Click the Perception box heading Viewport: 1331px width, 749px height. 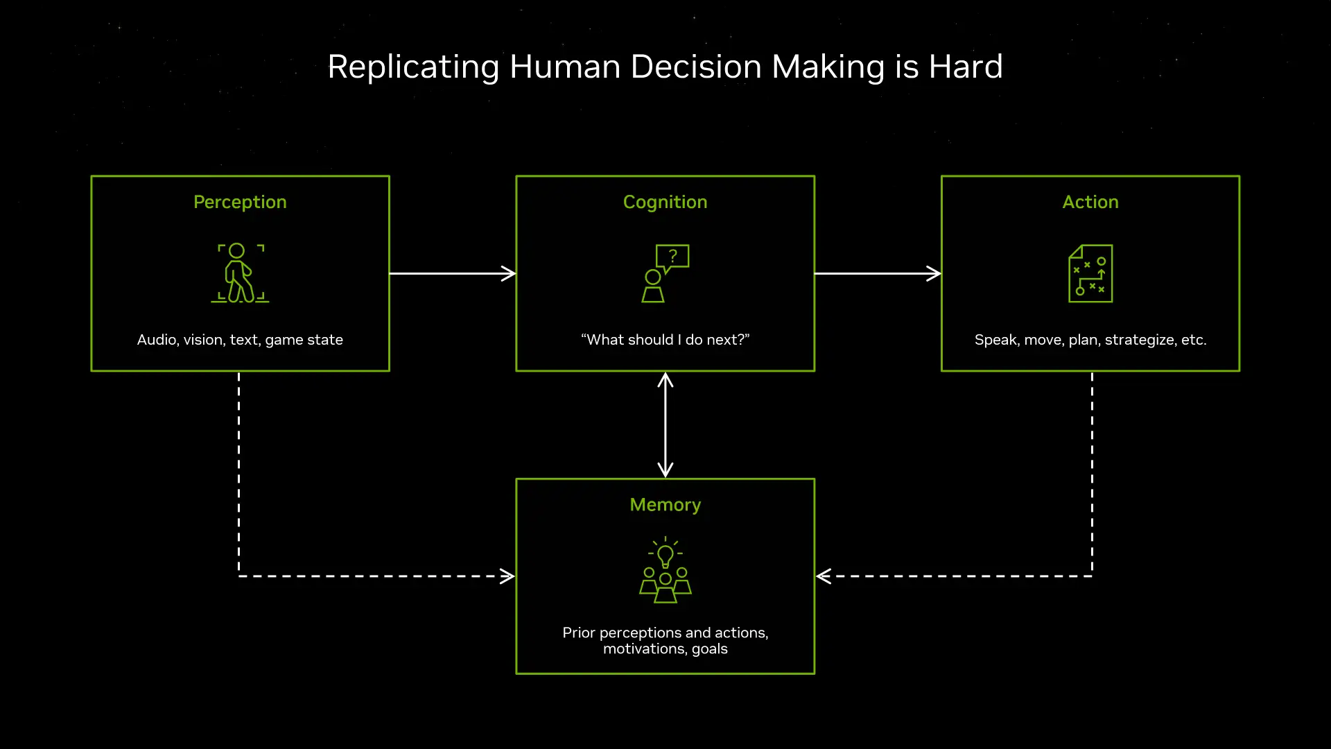(240, 202)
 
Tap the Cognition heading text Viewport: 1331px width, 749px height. (665, 202)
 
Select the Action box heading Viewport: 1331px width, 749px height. (1090, 202)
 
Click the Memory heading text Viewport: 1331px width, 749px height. (665, 505)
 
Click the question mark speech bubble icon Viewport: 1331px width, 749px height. (672, 257)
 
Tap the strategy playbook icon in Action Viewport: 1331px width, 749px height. (1090, 273)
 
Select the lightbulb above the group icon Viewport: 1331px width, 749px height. (665, 554)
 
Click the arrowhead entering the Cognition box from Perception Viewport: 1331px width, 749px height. (510, 273)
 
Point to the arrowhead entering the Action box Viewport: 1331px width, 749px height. (934, 273)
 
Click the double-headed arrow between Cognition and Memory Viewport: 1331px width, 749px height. (665, 424)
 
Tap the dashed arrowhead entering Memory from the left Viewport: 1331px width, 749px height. (508, 576)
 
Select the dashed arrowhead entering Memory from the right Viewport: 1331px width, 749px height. (824, 576)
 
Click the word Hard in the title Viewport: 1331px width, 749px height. (965, 67)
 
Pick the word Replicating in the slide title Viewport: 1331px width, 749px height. (413, 68)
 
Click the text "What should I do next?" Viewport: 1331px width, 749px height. (665, 340)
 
